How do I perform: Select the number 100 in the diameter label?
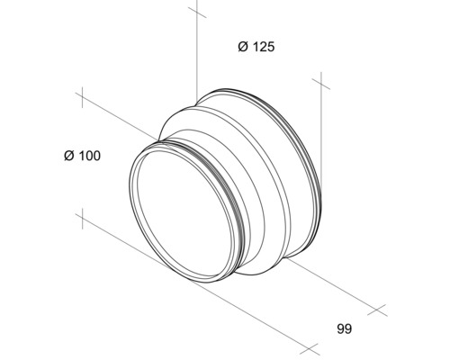click(x=88, y=156)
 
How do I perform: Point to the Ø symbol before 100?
click(x=68, y=156)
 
